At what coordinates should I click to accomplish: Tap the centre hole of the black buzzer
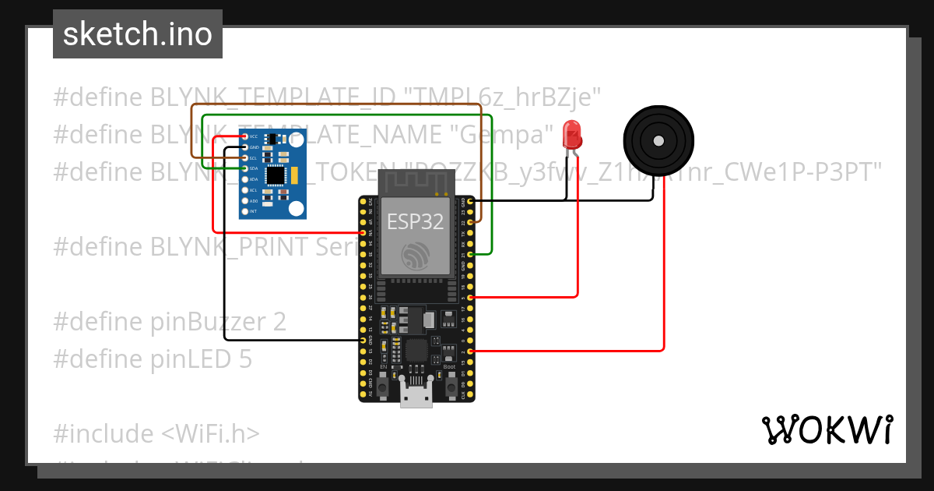pos(658,141)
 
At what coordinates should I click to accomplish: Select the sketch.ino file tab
pos(138,34)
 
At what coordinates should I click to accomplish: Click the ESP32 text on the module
pos(416,221)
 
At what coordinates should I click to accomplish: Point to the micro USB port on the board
pos(416,394)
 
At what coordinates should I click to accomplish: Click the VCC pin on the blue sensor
pos(245,136)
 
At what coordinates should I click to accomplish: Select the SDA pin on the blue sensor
pos(245,168)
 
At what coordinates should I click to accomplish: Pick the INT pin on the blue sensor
pos(245,211)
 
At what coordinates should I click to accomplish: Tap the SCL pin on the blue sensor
pos(245,157)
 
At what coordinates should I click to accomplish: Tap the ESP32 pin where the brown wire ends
pos(470,223)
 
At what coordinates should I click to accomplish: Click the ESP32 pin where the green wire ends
pos(470,255)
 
